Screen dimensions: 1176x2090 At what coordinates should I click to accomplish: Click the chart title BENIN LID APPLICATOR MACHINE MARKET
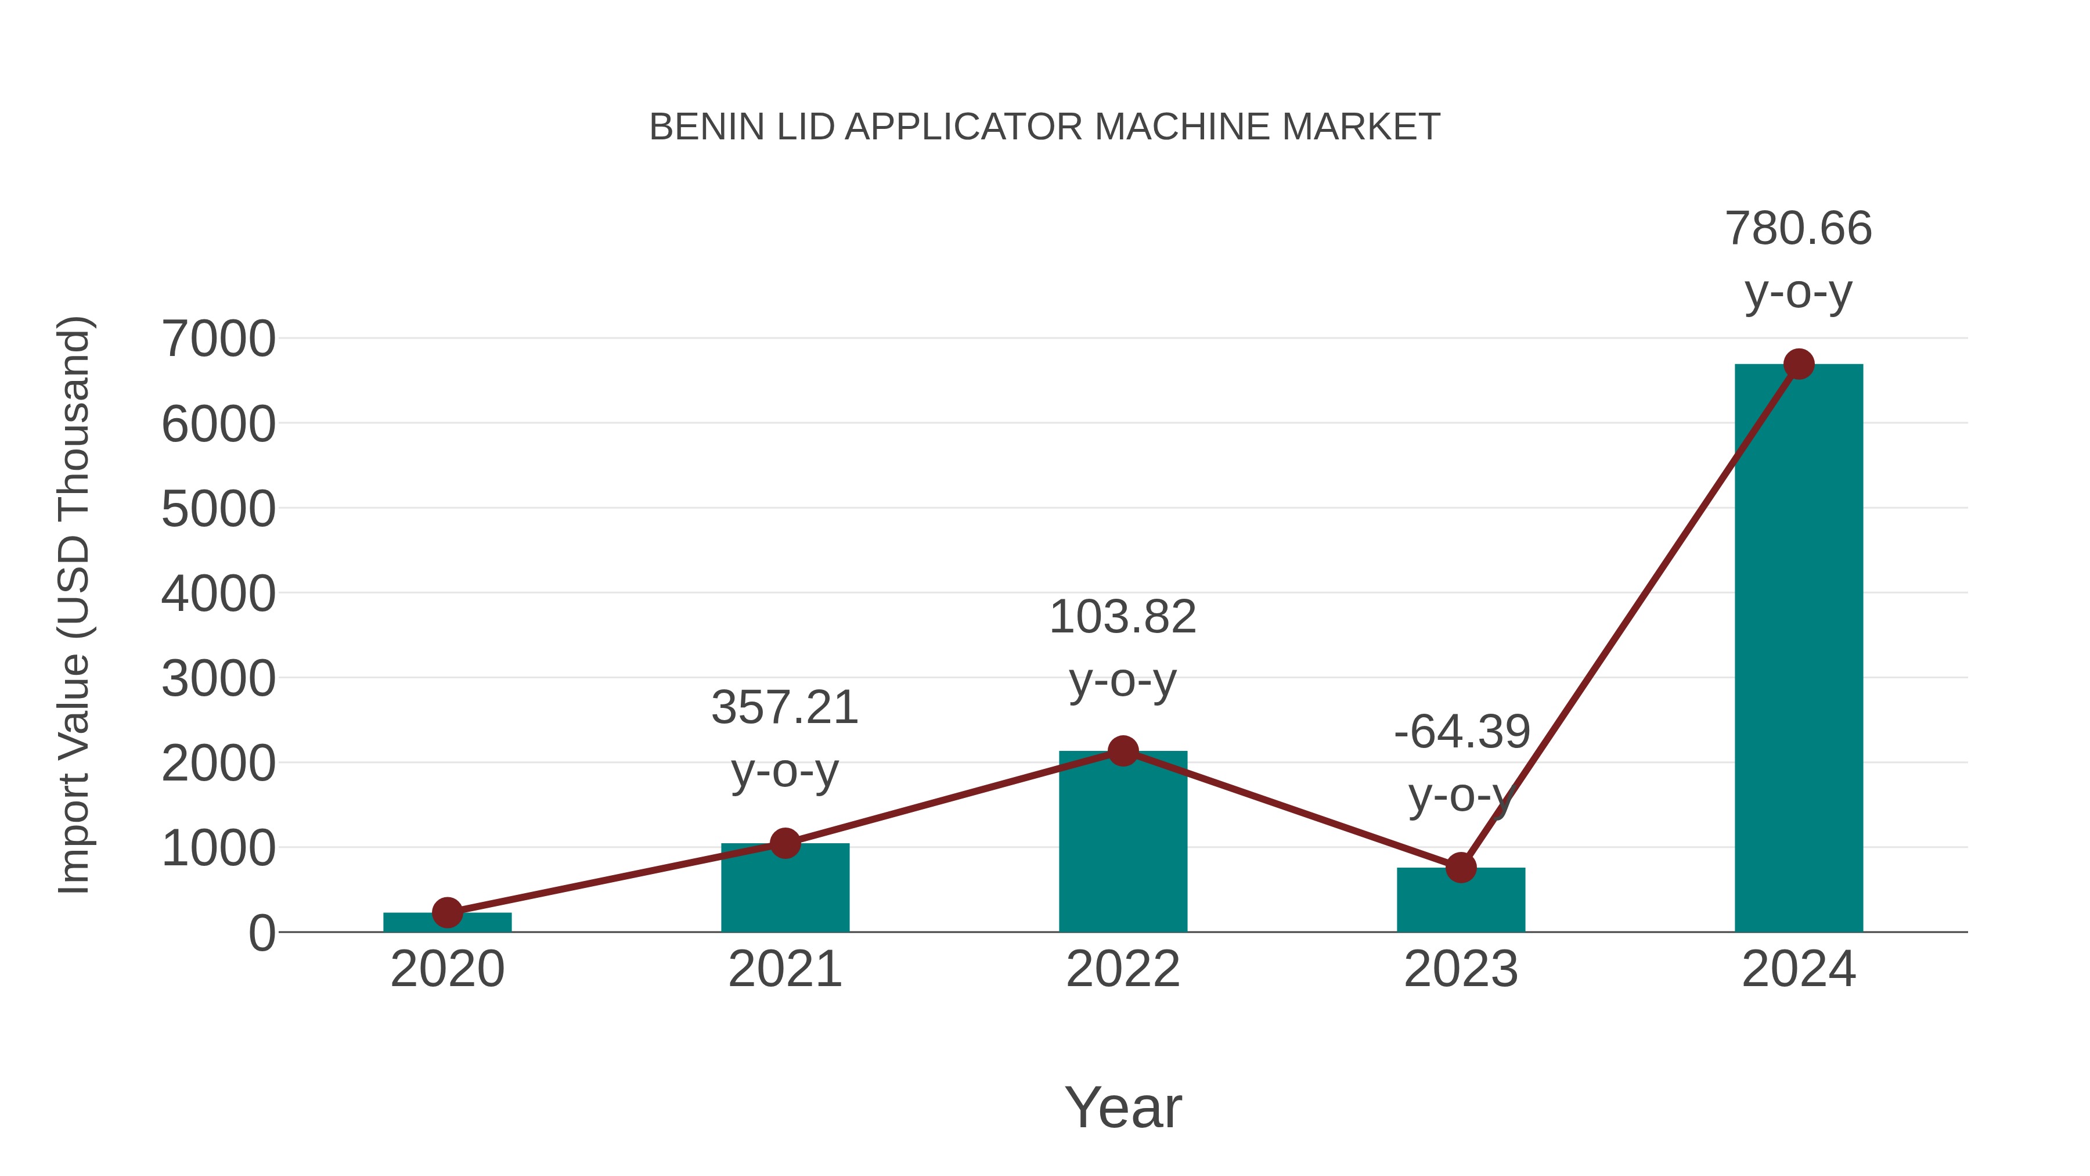1044,127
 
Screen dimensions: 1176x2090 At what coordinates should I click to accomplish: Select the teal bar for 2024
1798,649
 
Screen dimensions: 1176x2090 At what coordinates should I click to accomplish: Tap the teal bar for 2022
1123,844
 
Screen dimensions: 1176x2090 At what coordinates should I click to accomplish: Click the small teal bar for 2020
447,923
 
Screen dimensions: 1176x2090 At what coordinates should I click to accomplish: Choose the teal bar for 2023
1461,901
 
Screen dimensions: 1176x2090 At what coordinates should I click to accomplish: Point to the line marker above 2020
447,912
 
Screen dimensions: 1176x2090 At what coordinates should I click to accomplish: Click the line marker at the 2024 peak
1799,364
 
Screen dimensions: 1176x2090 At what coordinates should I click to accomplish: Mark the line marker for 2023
1461,868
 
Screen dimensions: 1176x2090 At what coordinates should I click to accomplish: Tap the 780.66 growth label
1798,229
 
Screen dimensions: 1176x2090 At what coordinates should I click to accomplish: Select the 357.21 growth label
784,708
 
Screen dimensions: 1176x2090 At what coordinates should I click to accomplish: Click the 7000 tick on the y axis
218,339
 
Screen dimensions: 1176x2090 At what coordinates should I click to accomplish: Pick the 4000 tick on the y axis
218,594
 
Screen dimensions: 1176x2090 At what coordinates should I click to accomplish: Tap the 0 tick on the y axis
261,933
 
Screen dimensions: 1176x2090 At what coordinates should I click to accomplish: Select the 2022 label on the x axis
1122,970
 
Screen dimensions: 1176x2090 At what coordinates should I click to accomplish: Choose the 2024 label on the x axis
1798,970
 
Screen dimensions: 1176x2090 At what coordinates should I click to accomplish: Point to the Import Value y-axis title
73,605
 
